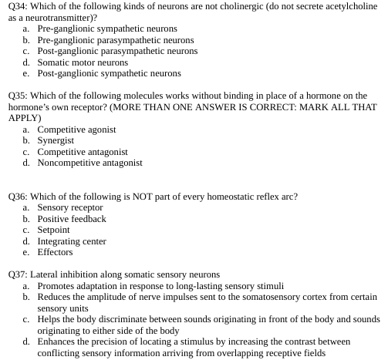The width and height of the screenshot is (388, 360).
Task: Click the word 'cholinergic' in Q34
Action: (x=238, y=6)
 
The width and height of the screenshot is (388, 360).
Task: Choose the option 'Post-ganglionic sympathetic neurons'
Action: (x=109, y=74)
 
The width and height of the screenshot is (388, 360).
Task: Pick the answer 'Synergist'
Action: (x=56, y=141)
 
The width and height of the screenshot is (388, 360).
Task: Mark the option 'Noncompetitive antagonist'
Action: (x=89, y=163)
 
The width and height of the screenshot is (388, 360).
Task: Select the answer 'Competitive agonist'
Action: (x=76, y=130)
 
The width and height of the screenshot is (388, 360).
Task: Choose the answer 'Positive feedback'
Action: (x=72, y=219)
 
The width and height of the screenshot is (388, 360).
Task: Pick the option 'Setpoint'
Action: (x=53, y=230)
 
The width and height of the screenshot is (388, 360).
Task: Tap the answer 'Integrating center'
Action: (x=72, y=241)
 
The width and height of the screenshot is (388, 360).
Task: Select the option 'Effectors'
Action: (x=55, y=252)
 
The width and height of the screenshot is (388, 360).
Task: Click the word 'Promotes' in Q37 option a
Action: (x=56, y=286)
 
